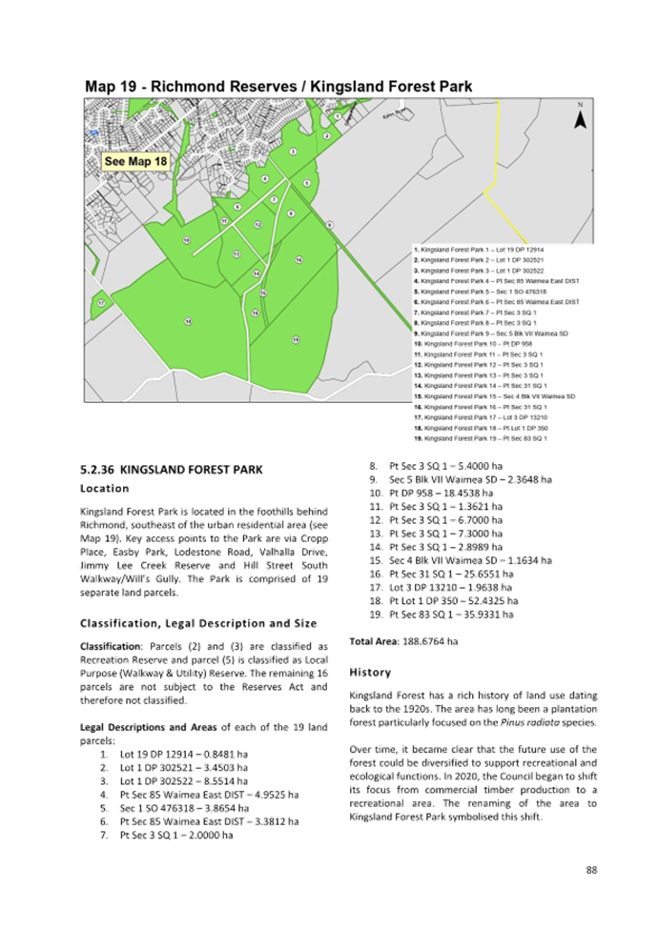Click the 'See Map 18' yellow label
(135, 161)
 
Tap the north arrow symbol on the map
(579, 119)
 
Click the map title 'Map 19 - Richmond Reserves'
(278, 87)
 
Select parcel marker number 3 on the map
(294, 151)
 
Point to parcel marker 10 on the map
(187, 240)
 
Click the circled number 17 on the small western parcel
(101, 303)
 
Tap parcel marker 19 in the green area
(296, 340)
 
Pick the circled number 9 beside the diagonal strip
(329, 224)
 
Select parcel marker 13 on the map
(236, 254)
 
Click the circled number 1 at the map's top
(338, 116)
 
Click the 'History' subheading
(365, 671)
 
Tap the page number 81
(591, 869)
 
